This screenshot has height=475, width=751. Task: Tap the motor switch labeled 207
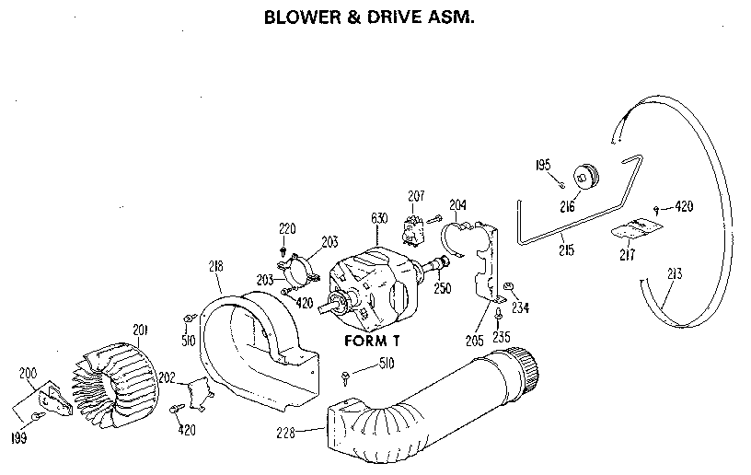click(x=414, y=224)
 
